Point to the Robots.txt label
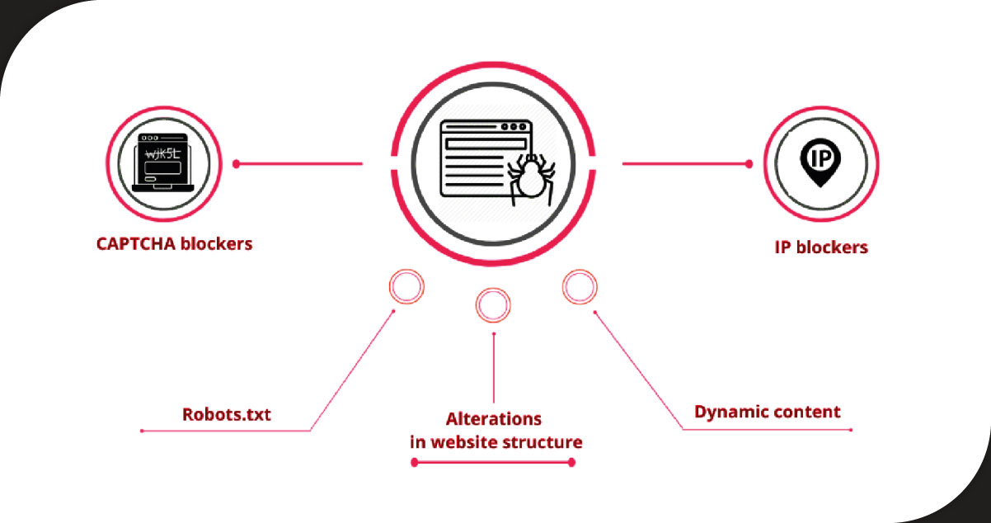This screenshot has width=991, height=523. point(227,413)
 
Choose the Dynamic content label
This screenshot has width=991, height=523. point(767,412)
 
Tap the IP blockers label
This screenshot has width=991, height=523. point(820,247)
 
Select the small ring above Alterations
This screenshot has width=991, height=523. point(493,304)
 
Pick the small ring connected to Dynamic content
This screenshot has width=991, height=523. point(580,287)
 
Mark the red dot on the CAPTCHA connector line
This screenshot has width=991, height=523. point(236,164)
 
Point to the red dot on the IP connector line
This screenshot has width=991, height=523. point(749,164)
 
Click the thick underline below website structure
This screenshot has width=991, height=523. point(493,463)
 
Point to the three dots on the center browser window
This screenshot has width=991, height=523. point(516,127)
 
